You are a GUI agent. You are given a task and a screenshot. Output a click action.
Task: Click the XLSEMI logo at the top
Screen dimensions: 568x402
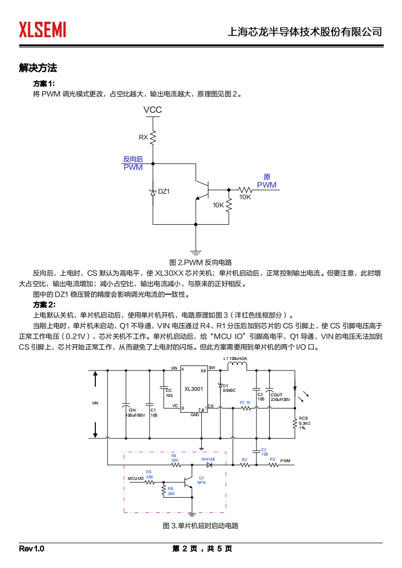click(x=43, y=30)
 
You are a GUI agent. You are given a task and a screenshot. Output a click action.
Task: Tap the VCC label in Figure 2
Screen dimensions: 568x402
click(x=153, y=110)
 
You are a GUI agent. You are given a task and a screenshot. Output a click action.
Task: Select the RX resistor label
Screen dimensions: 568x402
click(x=143, y=137)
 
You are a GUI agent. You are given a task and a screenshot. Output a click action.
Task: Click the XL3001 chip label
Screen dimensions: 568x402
click(x=194, y=389)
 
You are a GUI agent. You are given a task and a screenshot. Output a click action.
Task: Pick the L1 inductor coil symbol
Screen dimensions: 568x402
click(x=237, y=368)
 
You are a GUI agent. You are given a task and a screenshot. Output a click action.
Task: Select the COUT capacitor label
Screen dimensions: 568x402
click(x=276, y=395)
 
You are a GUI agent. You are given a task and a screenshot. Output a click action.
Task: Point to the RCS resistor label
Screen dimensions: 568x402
click(x=303, y=418)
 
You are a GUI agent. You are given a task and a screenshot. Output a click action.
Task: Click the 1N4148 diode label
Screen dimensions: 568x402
click(x=208, y=459)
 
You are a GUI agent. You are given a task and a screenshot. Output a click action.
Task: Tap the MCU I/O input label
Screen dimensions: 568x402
click(x=136, y=478)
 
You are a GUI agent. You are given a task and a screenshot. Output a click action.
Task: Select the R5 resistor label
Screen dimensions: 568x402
click(x=149, y=472)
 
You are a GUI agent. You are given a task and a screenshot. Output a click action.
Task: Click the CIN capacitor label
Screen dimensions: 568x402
click(x=132, y=410)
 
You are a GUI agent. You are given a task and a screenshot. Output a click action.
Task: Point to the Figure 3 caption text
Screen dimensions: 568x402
click(x=201, y=526)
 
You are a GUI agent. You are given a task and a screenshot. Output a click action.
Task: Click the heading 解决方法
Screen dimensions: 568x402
click(x=38, y=68)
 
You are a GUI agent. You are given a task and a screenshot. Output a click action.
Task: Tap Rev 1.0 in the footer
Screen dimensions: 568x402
click(x=32, y=549)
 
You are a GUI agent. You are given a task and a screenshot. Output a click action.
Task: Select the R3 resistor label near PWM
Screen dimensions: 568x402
click(x=272, y=459)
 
